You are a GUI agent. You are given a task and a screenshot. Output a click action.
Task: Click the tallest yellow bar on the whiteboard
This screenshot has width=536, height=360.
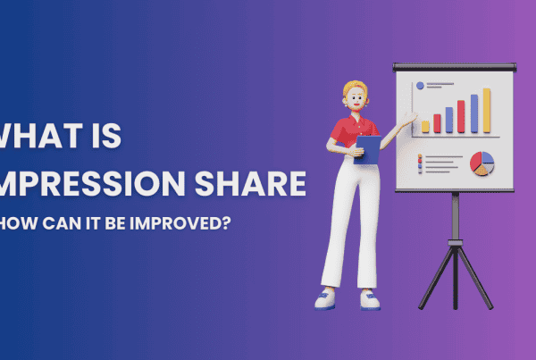[487, 110]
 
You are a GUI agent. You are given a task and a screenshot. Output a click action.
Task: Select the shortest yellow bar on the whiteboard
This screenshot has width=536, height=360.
[425, 126]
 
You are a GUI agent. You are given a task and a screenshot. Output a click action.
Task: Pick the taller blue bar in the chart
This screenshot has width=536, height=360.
[474, 113]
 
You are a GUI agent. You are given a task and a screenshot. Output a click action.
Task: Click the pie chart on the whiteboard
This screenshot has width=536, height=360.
[482, 163]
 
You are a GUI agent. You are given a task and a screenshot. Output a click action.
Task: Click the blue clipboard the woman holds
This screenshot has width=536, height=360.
[367, 148]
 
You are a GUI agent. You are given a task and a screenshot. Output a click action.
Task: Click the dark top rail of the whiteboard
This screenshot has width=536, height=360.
[456, 66]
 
